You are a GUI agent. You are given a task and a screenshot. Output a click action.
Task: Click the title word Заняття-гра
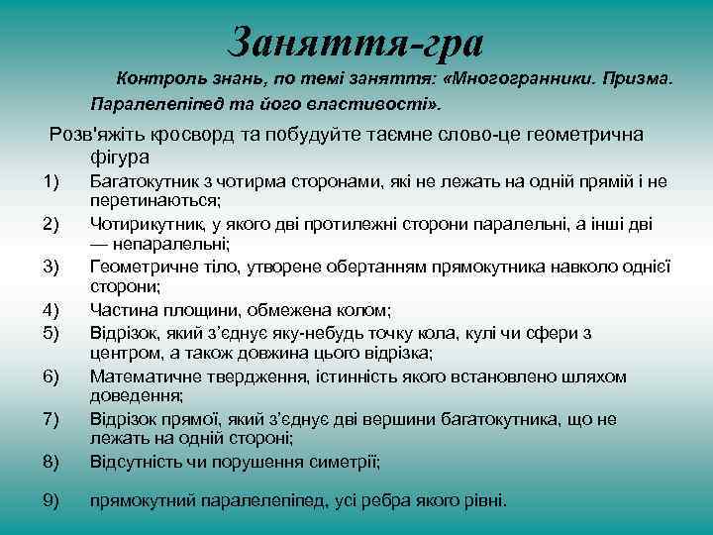point(356,43)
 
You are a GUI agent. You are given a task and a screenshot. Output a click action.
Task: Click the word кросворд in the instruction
point(178,135)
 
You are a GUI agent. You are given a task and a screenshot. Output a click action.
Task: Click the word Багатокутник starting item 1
point(142,180)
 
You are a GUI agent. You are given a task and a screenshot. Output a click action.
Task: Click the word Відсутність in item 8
point(134,462)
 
